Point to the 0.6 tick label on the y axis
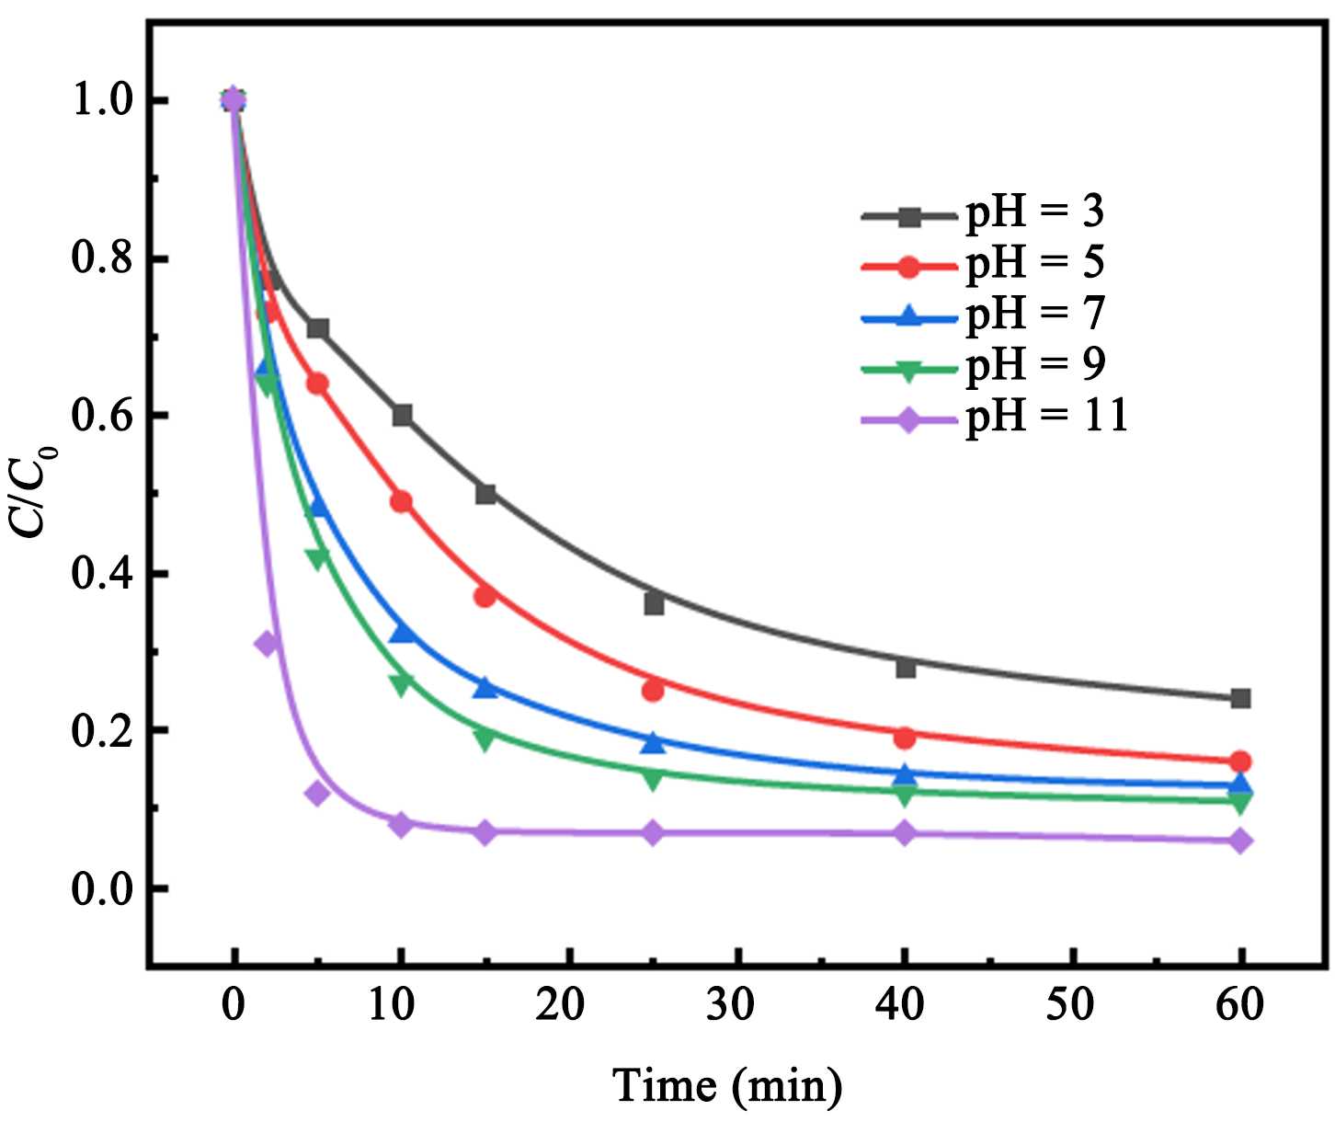click(102, 416)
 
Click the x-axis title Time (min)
click(727, 1085)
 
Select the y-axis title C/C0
click(35, 493)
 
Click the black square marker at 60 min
click(1240, 698)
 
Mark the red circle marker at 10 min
click(401, 501)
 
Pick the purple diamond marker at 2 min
click(267, 643)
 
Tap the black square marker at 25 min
click(654, 604)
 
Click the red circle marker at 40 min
click(905, 737)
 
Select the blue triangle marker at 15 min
click(485, 687)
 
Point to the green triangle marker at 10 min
click(401, 683)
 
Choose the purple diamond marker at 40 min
click(905, 834)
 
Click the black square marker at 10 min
click(402, 415)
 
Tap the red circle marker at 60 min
click(1240, 761)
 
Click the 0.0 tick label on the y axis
click(102, 889)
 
